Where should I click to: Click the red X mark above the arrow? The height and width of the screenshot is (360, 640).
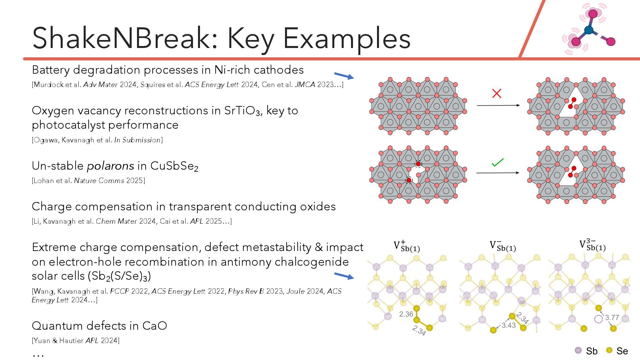click(497, 93)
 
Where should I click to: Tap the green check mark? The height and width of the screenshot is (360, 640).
click(497, 162)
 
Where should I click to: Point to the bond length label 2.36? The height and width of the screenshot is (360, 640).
click(406, 314)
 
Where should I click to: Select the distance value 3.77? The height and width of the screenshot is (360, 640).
click(612, 317)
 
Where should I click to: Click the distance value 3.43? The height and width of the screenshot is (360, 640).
click(509, 325)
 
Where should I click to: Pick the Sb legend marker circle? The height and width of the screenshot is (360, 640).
click(578, 350)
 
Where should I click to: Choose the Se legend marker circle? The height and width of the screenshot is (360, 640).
click(609, 350)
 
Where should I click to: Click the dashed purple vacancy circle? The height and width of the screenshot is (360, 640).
click(599, 319)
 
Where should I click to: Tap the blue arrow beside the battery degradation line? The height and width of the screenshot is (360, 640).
click(344, 76)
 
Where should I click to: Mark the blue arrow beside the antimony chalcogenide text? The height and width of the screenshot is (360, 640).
click(344, 276)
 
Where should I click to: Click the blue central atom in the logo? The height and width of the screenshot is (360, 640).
click(589, 30)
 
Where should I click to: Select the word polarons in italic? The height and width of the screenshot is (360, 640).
click(111, 166)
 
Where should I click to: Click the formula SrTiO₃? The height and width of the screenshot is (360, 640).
click(242, 111)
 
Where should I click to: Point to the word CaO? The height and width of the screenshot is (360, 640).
click(154, 326)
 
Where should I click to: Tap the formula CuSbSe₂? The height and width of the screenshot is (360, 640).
click(174, 166)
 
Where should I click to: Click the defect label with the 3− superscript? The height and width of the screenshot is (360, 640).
click(592, 245)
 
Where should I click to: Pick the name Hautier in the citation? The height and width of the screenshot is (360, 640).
click(71, 341)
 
